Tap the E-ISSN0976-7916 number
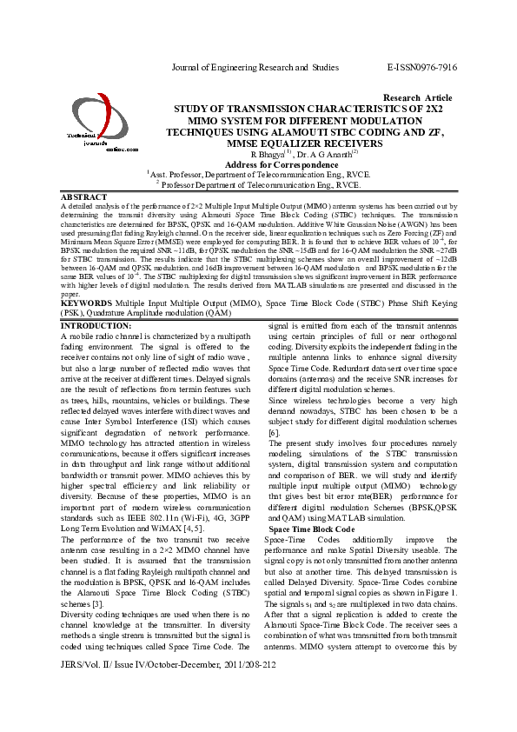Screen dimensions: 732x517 tap(421, 67)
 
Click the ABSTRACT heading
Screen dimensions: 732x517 tap(84, 197)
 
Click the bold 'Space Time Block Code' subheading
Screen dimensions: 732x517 tap(311, 529)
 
